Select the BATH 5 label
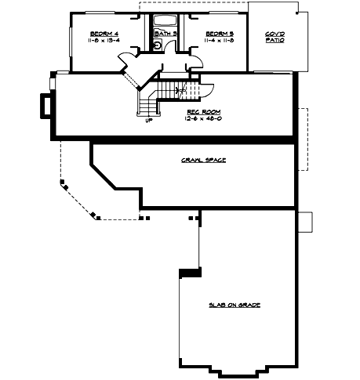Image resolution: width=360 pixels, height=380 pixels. [164, 34]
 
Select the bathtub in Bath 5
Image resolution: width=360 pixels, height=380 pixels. [165, 20]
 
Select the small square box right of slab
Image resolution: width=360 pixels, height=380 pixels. [306, 222]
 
